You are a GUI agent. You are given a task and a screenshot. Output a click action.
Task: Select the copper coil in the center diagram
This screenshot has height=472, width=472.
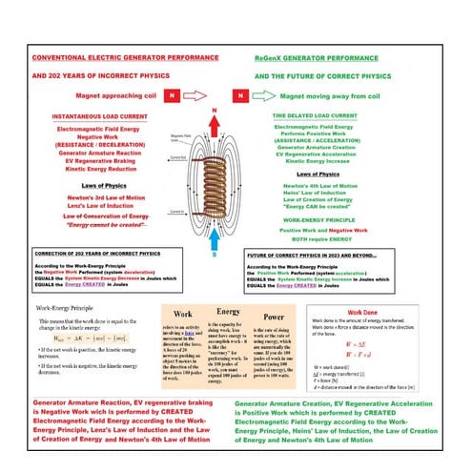(239, 177)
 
